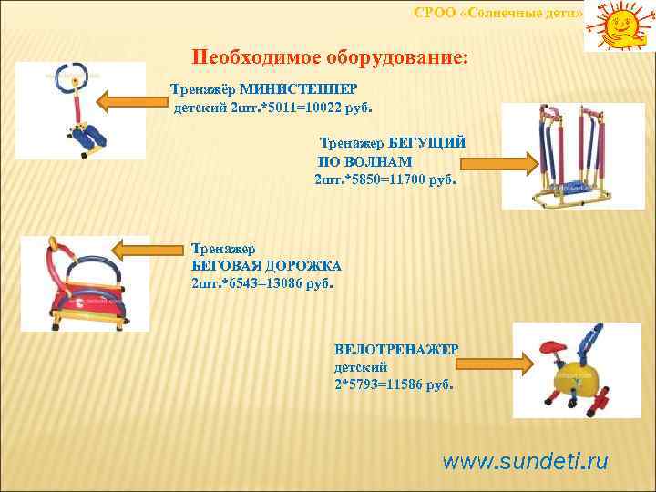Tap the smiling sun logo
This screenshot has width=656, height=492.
click(x=619, y=26)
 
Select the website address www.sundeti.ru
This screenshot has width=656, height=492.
click(x=525, y=460)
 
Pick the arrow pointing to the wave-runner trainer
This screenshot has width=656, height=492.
click(x=497, y=163)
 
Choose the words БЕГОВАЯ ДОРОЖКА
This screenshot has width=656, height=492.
click(x=266, y=265)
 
